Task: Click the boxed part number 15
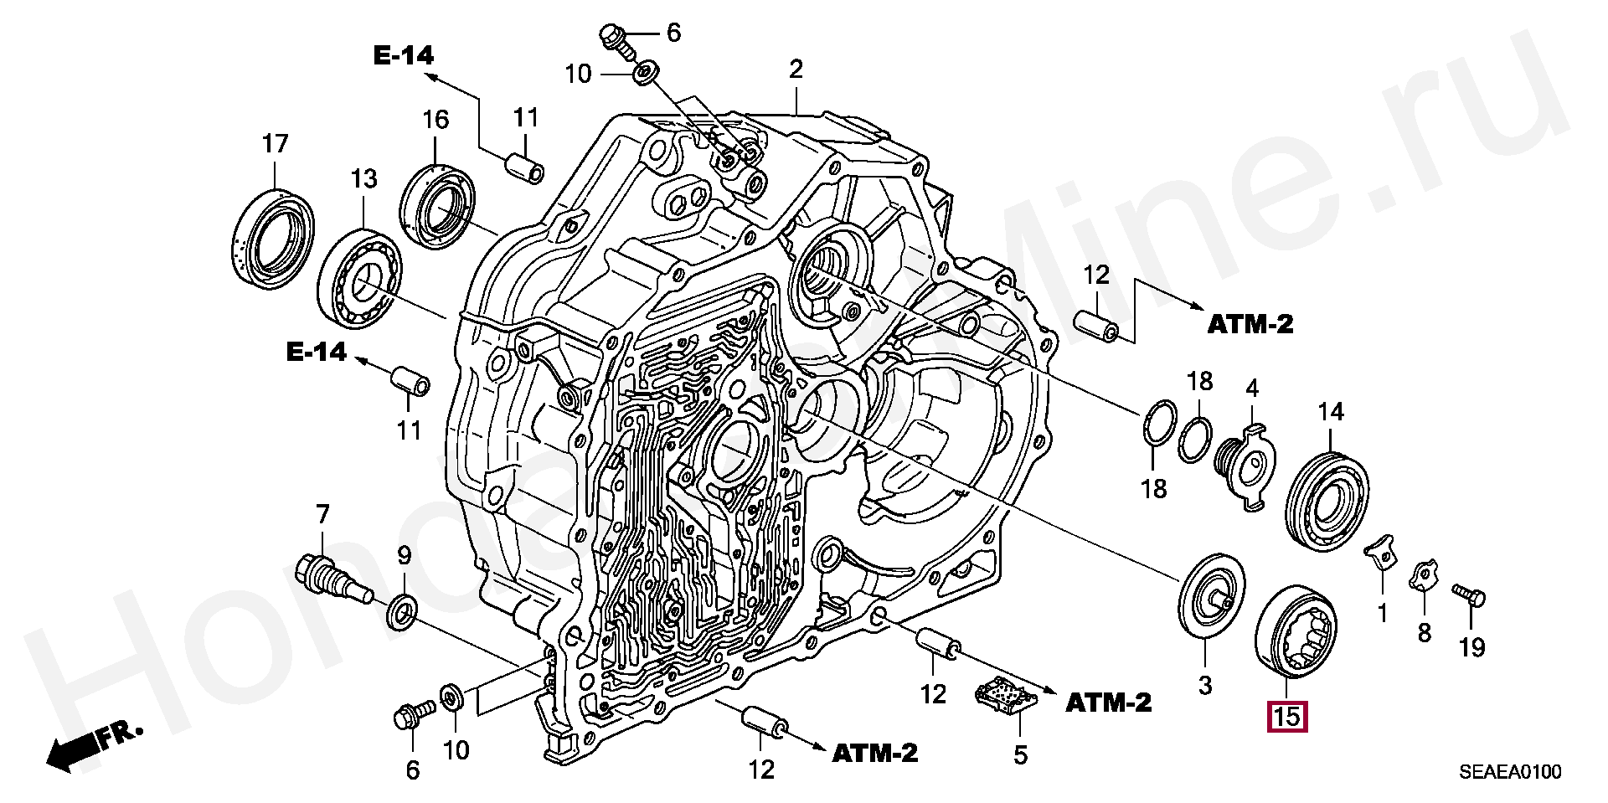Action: [x=1287, y=717]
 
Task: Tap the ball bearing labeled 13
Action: [x=359, y=278]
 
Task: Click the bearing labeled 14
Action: [x=1327, y=500]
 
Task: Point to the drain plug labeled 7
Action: [x=332, y=579]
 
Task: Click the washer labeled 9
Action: [x=402, y=612]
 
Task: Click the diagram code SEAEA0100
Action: [x=1510, y=772]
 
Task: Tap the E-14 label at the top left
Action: [x=404, y=56]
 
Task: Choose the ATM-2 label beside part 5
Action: [x=1108, y=703]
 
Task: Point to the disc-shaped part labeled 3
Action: [x=1211, y=596]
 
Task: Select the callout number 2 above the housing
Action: [x=796, y=69]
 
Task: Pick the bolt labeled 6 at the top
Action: [x=613, y=39]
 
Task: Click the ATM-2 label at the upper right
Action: [x=1250, y=324]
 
